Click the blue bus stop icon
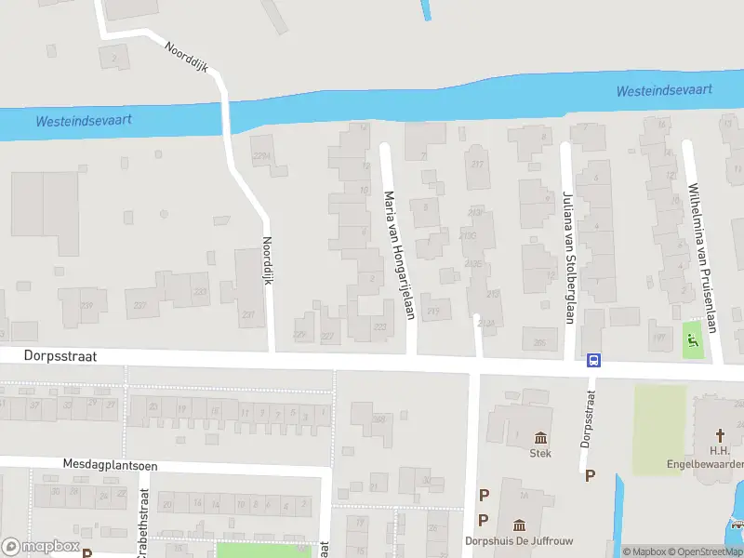click(x=591, y=361)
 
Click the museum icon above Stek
click(x=540, y=437)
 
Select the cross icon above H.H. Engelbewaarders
click(x=720, y=435)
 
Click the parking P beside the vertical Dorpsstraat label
click(x=589, y=475)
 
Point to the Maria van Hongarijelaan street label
click(x=398, y=255)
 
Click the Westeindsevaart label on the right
click(x=664, y=90)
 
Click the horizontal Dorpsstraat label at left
click(x=48, y=354)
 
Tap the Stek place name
click(x=540, y=454)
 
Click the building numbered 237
click(x=248, y=314)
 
